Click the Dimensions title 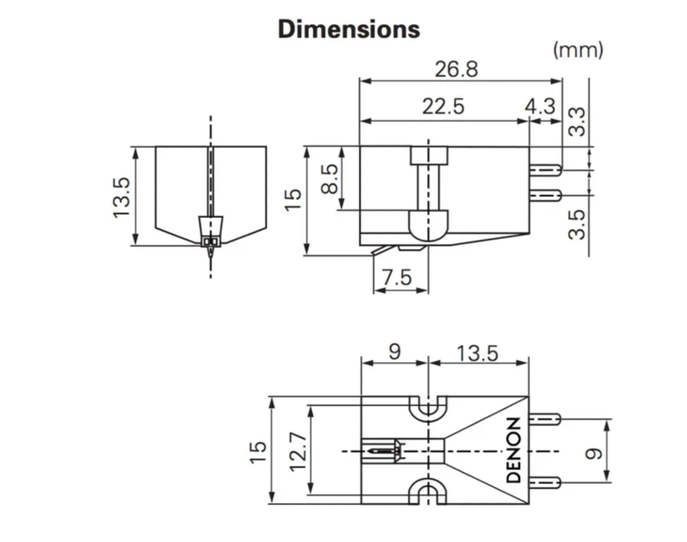click(x=349, y=29)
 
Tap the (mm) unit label click(x=578, y=50)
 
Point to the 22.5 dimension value click(x=443, y=106)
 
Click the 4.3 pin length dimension click(x=540, y=106)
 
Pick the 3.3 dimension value click(x=577, y=122)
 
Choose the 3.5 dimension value click(x=577, y=224)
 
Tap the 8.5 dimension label click(x=329, y=179)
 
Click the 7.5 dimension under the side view click(x=397, y=277)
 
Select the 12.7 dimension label click(x=298, y=452)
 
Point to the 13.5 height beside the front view click(x=121, y=198)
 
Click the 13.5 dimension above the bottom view click(x=477, y=354)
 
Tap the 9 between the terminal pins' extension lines click(x=593, y=454)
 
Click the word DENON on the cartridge click(x=514, y=450)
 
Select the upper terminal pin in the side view click(x=546, y=170)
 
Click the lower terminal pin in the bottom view click(x=544, y=482)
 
